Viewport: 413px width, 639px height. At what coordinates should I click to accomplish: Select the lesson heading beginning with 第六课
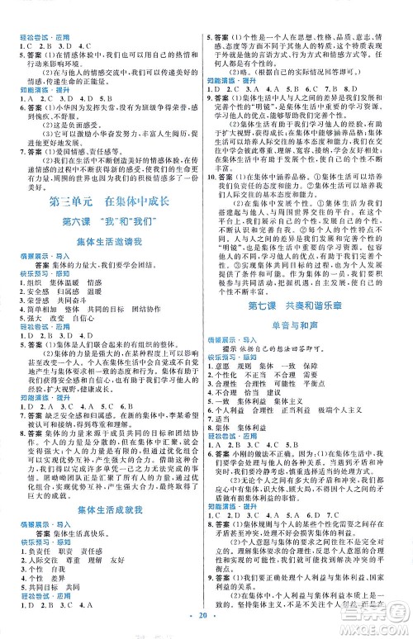click(102, 220)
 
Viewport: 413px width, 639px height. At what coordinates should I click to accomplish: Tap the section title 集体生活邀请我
click(102, 241)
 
